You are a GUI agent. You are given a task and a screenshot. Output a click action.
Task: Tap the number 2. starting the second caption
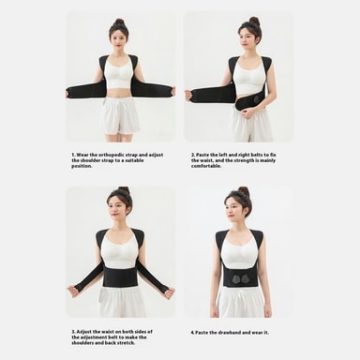193,155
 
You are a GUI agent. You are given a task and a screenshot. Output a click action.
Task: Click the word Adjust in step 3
84,332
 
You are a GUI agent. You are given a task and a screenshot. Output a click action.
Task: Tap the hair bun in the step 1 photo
119,22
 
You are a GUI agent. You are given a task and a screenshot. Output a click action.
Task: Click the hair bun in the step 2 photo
254,22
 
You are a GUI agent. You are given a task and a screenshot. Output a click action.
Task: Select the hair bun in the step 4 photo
243,191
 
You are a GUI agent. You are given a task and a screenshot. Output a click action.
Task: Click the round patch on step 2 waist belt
258,100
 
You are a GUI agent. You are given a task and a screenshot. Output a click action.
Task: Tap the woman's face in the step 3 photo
115,207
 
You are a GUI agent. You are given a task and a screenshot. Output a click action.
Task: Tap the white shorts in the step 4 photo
241,302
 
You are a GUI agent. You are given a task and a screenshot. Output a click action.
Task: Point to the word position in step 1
82,166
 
